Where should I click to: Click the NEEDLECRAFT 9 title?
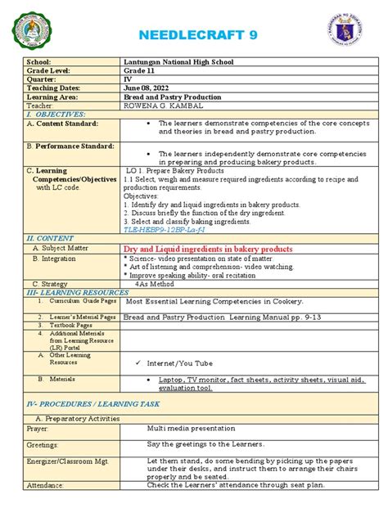coord(193,35)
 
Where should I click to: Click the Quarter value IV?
coord(129,79)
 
